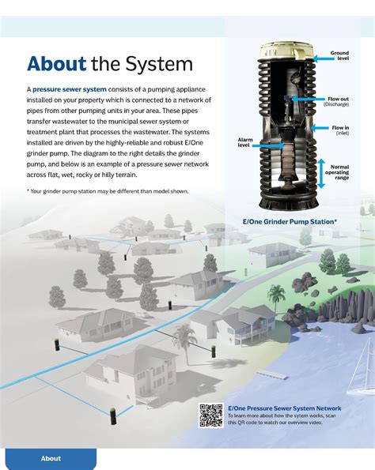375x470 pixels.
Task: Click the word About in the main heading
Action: click(x=57, y=63)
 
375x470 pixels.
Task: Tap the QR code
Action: click(x=211, y=415)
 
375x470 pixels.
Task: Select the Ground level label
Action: click(x=339, y=55)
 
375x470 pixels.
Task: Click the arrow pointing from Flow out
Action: click(x=308, y=99)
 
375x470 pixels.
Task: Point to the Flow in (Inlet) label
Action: click(x=340, y=130)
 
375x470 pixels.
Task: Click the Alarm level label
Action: click(x=245, y=142)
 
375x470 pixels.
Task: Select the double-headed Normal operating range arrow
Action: click(x=321, y=174)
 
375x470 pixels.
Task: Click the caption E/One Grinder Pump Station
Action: click(x=290, y=222)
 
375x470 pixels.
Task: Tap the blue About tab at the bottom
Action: click(x=51, y=458)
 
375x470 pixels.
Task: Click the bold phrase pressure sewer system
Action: click(x=70, y=89)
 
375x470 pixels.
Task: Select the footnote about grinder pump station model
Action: click(x=108, y=191)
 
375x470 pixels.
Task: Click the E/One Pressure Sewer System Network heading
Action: click(x=285, y=408)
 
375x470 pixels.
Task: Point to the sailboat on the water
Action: click(x=362, y=372)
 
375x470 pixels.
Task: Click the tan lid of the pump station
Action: click(x=286, y=51)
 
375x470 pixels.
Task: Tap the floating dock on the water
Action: click(x=273, y=374)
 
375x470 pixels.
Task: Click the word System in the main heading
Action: click(x=159, y=64)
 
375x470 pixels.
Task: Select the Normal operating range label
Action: click(x=337, y=172)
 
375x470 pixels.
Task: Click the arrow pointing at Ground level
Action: click(x=324, y=58)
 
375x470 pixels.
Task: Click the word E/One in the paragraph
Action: click(x=195, y=143)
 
